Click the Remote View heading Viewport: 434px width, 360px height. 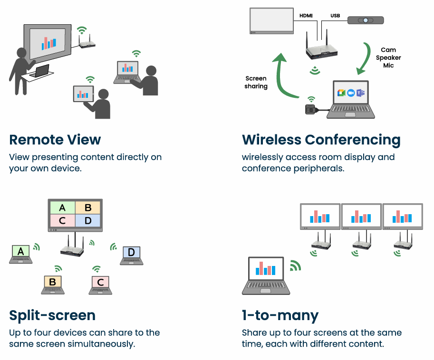(x=55, y=140)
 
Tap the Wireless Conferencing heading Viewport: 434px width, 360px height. (x=321, y=140)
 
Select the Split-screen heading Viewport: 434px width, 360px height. (x=52, y=315)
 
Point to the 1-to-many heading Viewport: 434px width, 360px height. (x=280, y=315)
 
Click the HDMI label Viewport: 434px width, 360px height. (x=306, y=16)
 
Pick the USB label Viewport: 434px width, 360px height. (x=336, y=16)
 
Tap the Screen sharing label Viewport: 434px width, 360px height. (x=256, y=82)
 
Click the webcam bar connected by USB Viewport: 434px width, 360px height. (x=365, y=20)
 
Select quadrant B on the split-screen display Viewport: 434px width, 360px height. (x=88, y=208)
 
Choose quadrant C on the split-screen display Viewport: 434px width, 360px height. (x=62, y=220)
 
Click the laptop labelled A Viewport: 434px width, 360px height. (x=20, y=253)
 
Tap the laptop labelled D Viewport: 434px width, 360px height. (x=131, y=254)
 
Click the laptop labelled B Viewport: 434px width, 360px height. (x=52, y=284)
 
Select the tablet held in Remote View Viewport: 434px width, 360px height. (x=83, y=94)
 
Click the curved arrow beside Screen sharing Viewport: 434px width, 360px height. (x=280, y=76)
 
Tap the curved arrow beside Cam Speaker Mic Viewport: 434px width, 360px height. (x=366, y=59)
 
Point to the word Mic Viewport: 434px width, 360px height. (x=388, y=66)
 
